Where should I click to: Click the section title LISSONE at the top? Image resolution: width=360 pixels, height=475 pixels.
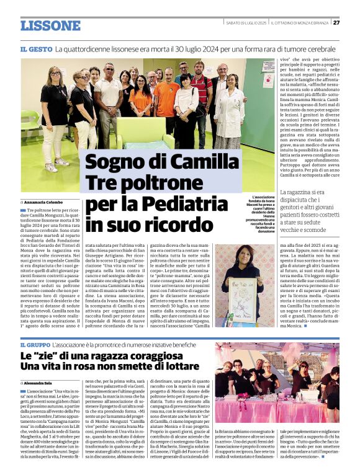point(50,25)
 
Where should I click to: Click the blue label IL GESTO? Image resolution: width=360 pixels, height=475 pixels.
point(35,48)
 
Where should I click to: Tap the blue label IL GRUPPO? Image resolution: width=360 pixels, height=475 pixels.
point(38,344)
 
